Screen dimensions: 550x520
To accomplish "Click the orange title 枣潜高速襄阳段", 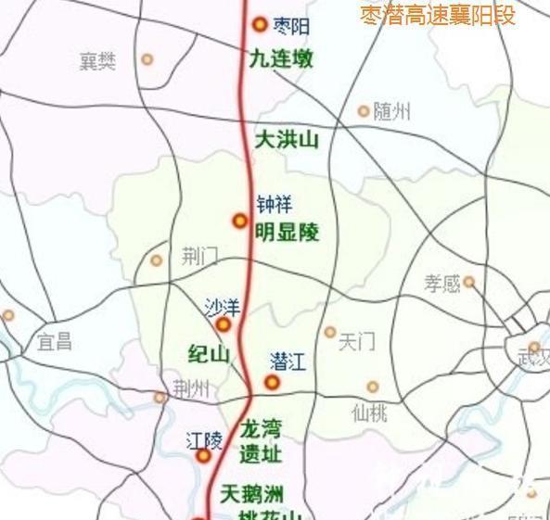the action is [x=437, y=15].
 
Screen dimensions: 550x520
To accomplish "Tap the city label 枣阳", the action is [x=292, y=26].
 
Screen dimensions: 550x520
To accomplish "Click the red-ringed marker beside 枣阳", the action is [x=260, y=25].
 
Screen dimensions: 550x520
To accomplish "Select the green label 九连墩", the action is [x=282, y=59].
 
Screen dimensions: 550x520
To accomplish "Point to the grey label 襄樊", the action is [x=98, y=61].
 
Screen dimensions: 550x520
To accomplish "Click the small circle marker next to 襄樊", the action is [x=147, y=60].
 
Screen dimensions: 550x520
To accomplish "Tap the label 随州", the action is [x=391, y=112].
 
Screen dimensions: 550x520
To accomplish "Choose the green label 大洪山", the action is [x=287, y=140].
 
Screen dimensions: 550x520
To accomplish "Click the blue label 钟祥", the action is [x=274, y=205].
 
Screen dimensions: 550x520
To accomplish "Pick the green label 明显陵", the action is [x=288, y=232].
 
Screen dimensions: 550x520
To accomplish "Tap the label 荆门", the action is [x=199, y=257].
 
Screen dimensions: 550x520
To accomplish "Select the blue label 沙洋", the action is [x=223, y=305].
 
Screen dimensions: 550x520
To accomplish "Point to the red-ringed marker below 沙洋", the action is [x=224, y=325].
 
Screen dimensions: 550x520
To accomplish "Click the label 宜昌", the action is [x=55, y=341].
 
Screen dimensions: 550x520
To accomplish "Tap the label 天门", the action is [x=356, y=342].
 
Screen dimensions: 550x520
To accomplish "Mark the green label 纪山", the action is [x=209, y=354].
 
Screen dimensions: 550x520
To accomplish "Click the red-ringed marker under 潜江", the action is [x=272, y=383].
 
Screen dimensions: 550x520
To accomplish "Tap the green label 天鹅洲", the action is [x=251, y=493].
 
